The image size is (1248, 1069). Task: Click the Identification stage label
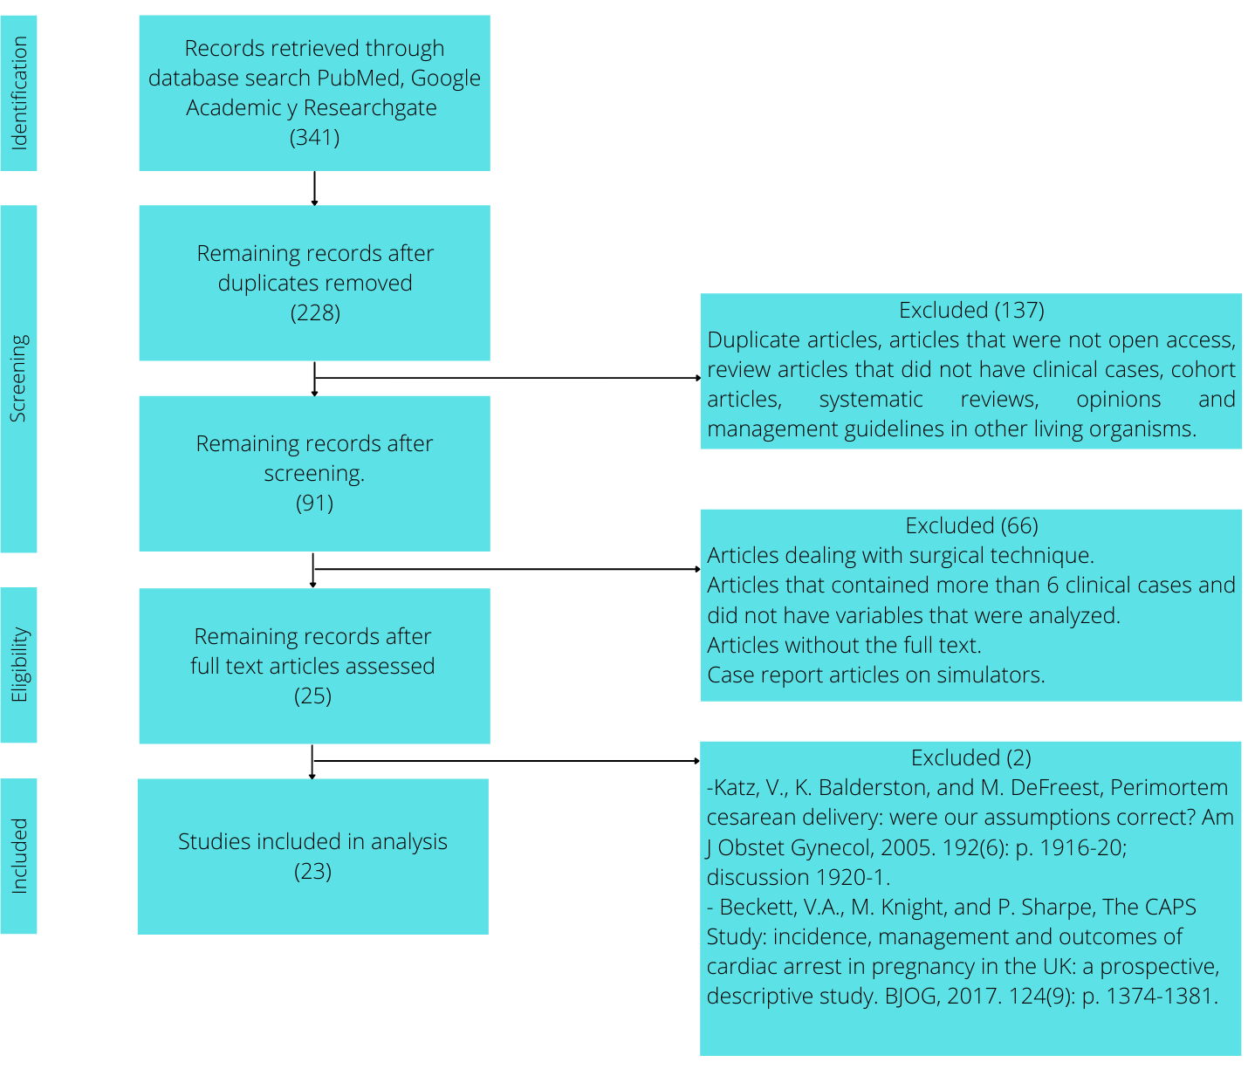19,93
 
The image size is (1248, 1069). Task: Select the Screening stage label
18,378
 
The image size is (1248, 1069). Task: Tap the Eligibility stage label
19,664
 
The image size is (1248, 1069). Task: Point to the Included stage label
19,855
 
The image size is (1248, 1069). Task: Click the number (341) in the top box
314,137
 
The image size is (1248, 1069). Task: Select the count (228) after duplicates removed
314,312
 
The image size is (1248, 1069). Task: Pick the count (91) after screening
314,503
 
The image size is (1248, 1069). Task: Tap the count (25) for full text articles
312,696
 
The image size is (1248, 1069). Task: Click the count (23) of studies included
312,871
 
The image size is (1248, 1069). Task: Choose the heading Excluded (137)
970,310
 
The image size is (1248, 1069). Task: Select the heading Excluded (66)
970,525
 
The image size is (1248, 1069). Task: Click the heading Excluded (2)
970,757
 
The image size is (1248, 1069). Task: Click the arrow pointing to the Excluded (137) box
508,378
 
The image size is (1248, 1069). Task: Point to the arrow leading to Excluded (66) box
508,569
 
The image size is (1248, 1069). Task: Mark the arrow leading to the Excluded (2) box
506,761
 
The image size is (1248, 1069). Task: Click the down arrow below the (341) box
314,188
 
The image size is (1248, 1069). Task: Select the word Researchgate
369,107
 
